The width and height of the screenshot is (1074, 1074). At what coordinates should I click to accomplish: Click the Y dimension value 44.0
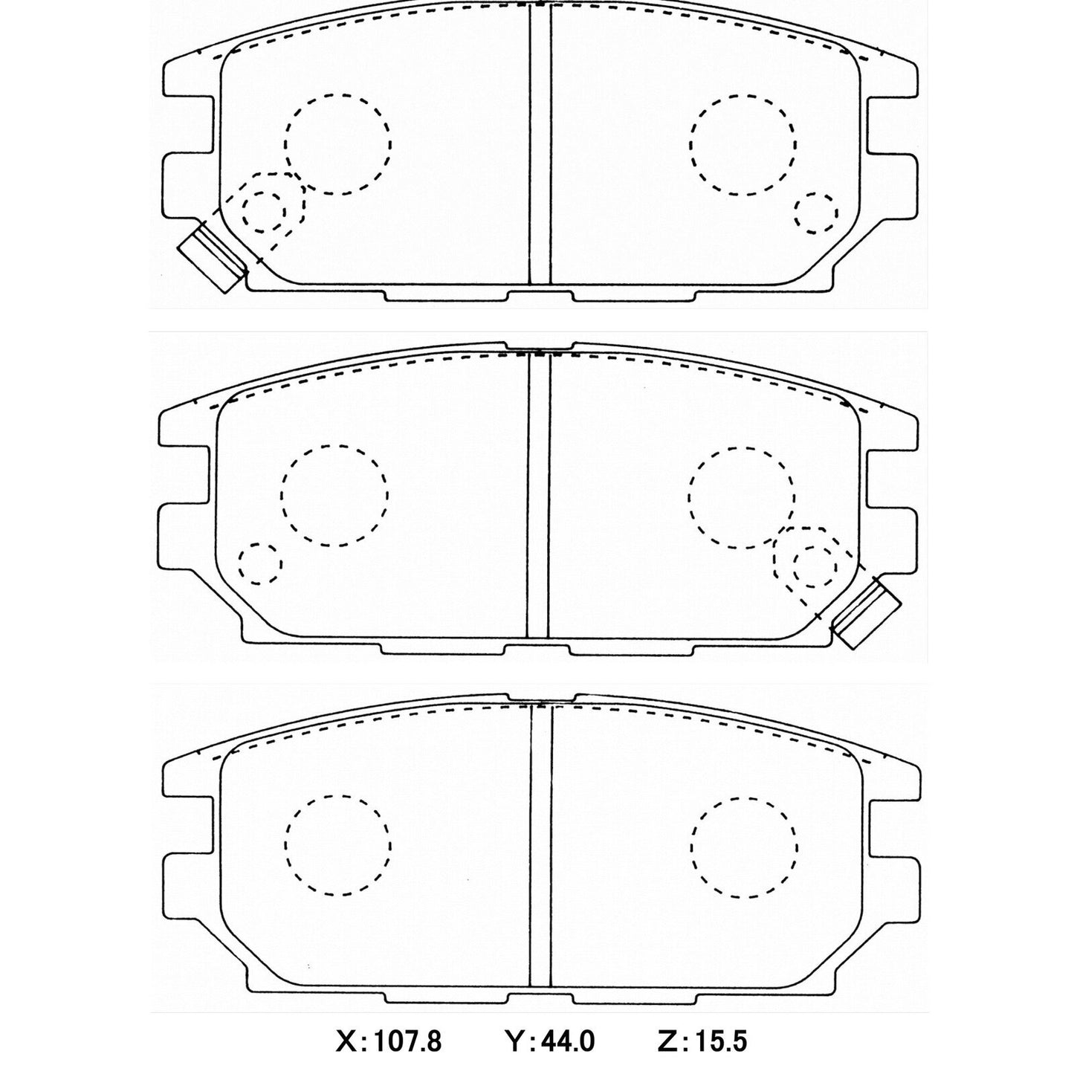pos(566,1041)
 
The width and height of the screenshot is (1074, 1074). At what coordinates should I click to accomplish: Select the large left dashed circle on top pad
pos(338,144)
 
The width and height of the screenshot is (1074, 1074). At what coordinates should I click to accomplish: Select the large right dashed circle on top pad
pos(743,144)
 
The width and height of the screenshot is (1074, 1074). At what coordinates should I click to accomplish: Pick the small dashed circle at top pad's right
pos(815,214)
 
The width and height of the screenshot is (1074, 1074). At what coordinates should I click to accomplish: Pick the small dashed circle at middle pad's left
pos(260,563)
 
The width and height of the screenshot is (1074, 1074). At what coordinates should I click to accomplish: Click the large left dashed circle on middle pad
pos(334,495)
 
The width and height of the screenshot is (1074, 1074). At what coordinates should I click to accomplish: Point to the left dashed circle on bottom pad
pos(338,846)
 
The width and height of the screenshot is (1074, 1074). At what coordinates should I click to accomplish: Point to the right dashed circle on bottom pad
pos(743,847)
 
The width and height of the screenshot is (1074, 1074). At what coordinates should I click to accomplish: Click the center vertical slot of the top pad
pos(540,145)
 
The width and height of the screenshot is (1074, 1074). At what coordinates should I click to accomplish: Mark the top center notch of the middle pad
pos(538,346)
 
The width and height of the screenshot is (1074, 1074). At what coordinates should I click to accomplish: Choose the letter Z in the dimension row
pos(668,1041)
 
